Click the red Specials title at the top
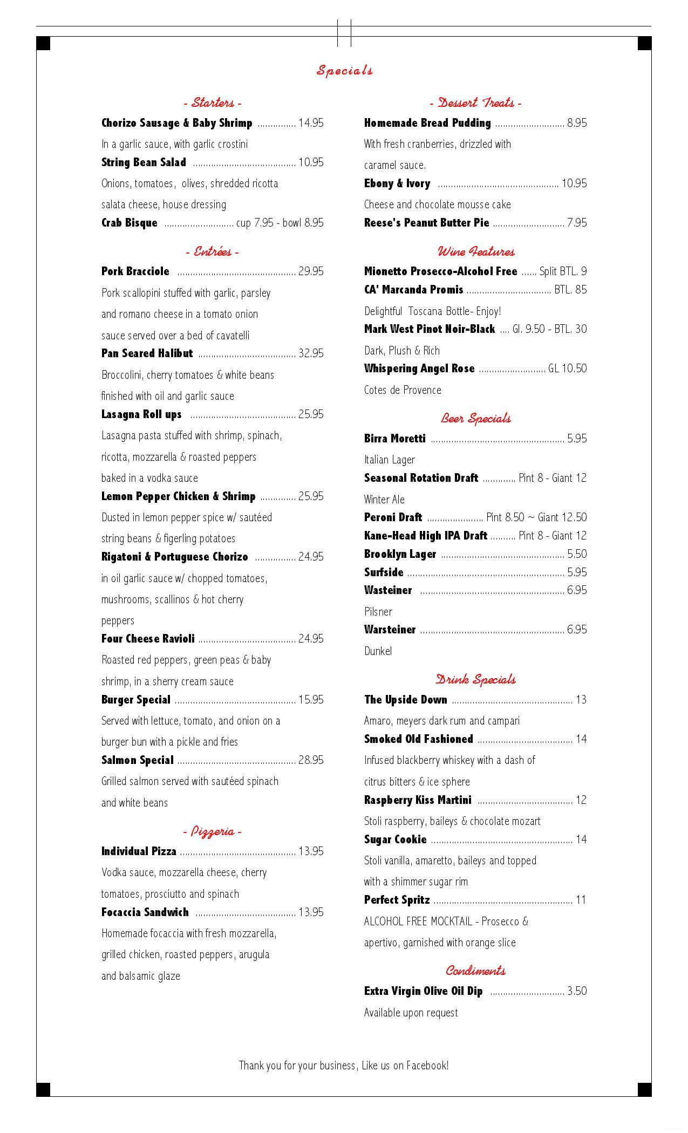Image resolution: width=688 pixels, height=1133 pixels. [344, 70]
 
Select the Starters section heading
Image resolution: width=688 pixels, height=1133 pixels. [213, 103]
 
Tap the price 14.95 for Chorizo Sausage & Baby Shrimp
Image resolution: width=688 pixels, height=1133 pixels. [310, 123]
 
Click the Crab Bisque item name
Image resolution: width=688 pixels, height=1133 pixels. [130, 223]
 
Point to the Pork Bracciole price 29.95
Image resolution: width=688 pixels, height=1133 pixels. [310, 271]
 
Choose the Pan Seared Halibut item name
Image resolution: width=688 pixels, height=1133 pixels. [147, 353]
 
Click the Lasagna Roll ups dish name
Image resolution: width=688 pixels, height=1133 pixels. [141, 414]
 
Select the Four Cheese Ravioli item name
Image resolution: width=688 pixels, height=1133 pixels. [148, 639]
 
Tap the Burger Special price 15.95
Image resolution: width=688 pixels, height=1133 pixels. [310, 700]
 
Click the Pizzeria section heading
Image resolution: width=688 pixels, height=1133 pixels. [213, 831]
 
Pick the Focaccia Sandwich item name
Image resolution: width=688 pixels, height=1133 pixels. [145, 912]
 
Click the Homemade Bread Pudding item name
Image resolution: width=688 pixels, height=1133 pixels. [427, 123]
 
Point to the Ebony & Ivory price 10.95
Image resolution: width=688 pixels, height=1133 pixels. [574, 183]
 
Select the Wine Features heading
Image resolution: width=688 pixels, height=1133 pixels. [475, 251]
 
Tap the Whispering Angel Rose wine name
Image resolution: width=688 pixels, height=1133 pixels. [419, 368]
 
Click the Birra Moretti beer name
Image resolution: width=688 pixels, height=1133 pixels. [394, 439]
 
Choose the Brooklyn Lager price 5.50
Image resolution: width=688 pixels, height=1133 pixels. [577, 554]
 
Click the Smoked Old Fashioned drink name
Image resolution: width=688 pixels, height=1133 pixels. [418, 739]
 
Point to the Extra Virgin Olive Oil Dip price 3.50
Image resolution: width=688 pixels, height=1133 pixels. [577, 991]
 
